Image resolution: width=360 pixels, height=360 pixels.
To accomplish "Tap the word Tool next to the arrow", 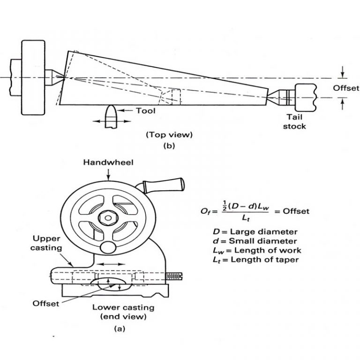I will [145, 111].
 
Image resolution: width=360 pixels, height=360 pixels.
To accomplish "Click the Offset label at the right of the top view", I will [346, 88].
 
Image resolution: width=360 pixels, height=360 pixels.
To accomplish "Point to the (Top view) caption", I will [169, 135].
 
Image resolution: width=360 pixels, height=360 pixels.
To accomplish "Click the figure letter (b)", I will [169, 145].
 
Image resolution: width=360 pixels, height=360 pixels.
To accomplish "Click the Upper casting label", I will [48, 243].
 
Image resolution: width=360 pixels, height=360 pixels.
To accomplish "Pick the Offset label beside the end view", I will [46, 303].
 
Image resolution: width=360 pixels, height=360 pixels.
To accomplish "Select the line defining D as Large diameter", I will [254, 232].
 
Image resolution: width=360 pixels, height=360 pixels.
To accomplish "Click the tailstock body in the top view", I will [306, 97].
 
